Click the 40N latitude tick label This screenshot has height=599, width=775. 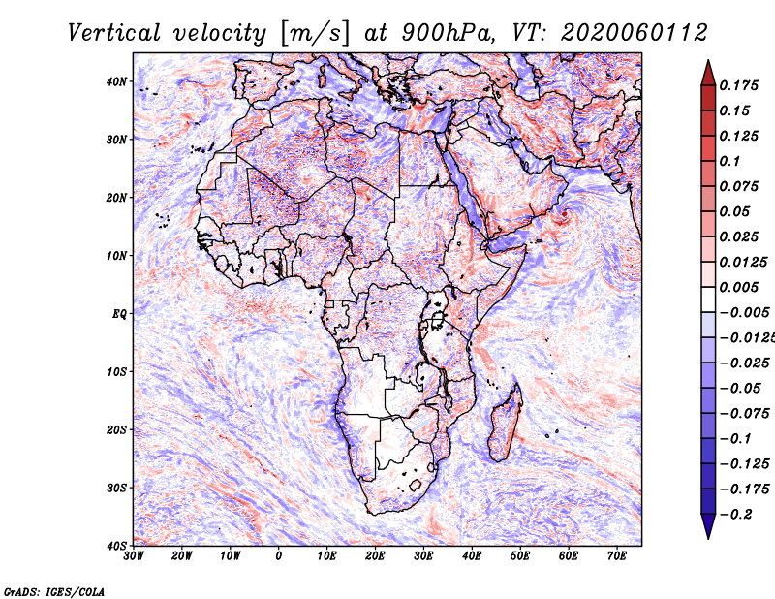pyautogui.click(x=116, y=81)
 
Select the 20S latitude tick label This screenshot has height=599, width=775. pyautogui.click(x=116, y=429)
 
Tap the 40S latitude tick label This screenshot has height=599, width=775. pyautogui.click(x=116, y=546)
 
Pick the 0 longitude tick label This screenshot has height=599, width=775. pyautogui.click(x=279, y=556)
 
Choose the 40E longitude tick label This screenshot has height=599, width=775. pyautogui.click(x=472, y=556)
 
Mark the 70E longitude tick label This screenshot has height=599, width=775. pyautogui.click(x=617, y=556)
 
